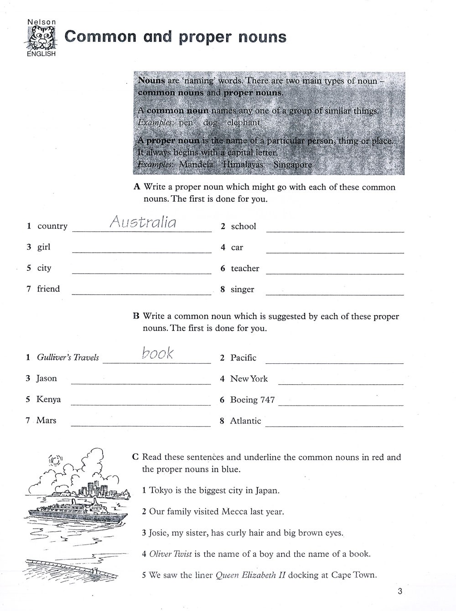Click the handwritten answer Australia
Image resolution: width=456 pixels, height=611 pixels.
pyautogui.click(x=143, y=222)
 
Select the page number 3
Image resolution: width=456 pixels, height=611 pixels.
pyautogui.click(x=400, y=591)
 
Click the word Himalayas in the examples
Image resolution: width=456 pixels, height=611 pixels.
pyautogui.click(x=243, y=165)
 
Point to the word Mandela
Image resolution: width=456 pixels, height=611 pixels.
pyautogui.click(x=196, y=165)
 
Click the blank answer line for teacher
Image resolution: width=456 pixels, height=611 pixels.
pyautogui.click(x=335, y=273)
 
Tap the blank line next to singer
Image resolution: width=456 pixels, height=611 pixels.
pyautogui.click(x=335, y=294)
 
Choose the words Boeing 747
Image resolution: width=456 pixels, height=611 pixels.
pyautogui.click(x=252, y=400)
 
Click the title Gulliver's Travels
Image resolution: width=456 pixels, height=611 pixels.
pyautogui.click(x=68, y=357)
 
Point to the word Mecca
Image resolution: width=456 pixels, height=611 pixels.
pyautogui.click(x=234, y=511)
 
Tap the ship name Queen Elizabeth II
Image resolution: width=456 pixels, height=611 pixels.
pyautogui.click(x=250, y=575)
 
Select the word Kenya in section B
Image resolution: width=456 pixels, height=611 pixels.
pyautogui.click(x=48, y=399)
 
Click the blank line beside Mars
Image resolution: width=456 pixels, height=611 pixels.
pyautogui.click(x=140, y=426)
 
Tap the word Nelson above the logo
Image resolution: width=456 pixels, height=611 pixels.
pyautogui.click(x=41, y=21)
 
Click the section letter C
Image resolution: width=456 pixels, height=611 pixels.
pyautogui.click(x=135, y=457)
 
